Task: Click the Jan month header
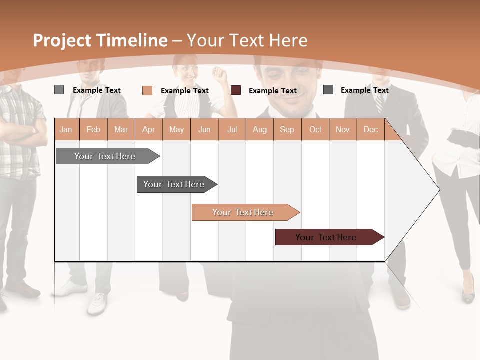click(66, 130)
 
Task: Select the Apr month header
click(149, 130)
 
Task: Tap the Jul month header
click(232, 130)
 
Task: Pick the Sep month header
click(287, 130)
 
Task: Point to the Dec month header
click(370, 130)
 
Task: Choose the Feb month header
click(93, 130)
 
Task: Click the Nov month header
click(343, 130)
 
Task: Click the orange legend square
click(147, 90)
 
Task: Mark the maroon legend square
click(236, 90)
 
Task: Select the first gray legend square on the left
click(59, 90)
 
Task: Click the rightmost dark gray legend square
click(328, 90)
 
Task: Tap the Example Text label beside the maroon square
click(273, 91)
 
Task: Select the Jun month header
click(204, 130)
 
